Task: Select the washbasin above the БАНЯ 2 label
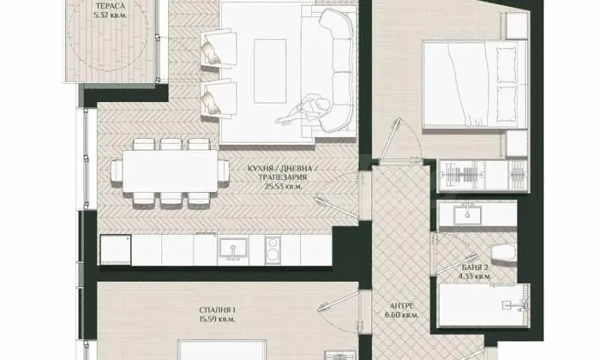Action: click(x=475, y=214)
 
